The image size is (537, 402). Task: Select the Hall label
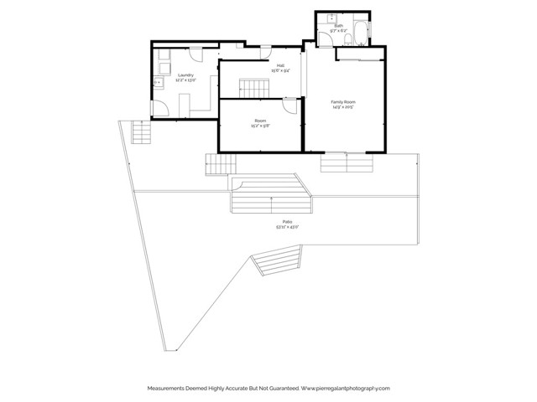(x=280, y=65)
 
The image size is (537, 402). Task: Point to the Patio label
(x=287, y=221)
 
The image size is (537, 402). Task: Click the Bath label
(x=338, y=26)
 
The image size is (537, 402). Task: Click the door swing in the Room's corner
(x=288, y=106)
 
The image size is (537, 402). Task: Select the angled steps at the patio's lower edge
(x=277, y=265)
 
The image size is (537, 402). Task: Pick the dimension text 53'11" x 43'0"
(x=287, y=227)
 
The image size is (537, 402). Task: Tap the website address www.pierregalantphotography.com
(x=345, y=389)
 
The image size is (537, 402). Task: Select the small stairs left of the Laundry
(x=141, y=131)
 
